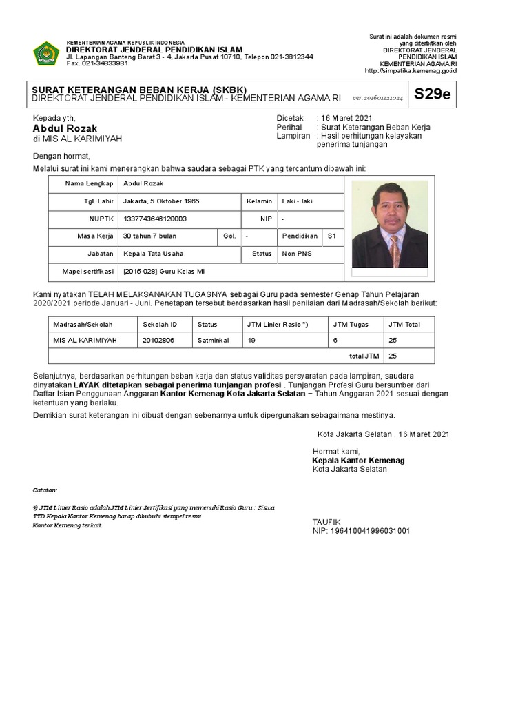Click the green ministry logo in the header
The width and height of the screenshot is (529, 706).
(x=46, y=54)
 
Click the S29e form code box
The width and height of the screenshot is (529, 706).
(x=432, y=94)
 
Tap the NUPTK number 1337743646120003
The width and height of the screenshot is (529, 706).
(x=155, y=219)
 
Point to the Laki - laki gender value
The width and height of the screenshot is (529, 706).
(x=297, y=201)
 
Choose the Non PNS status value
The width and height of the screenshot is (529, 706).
(x=297, y=254)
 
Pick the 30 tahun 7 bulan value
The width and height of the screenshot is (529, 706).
(x=150, y=236)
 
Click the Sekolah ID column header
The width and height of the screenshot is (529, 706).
(x=160, y=324)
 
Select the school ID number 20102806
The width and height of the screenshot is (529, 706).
(x=158, y=340)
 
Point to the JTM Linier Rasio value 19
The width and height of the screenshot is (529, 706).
(x=251, y=340)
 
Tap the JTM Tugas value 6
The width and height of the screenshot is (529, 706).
(x=335, y=340)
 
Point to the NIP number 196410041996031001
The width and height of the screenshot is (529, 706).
(x=361, y=531)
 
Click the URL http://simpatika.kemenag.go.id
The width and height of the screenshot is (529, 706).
(x=410, y=70)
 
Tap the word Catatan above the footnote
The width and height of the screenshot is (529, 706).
(x=45, y=490)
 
